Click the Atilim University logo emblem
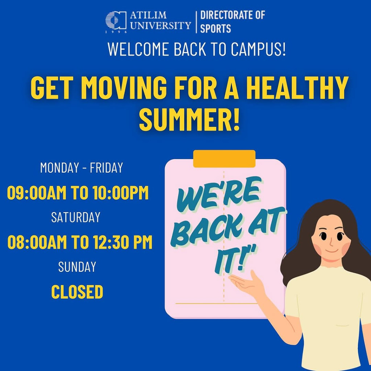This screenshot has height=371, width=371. pos(116,21)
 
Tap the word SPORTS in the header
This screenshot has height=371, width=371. pos(215,29)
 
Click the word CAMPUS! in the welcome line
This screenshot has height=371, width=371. pos(258,49)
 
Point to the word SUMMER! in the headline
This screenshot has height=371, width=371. pos(189,119)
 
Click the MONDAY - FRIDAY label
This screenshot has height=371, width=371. pos(82,167)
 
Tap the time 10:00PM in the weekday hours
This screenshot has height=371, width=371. pos(121,193)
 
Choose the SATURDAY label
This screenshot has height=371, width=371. pos(76,217)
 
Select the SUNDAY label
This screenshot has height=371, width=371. pos(77,267)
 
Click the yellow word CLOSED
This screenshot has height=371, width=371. pos(77,292)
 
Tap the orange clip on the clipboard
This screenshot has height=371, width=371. pos(224,159)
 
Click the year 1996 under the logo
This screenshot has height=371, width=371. pos(116,32)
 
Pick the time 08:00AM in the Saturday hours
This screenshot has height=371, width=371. pos(37,242)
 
